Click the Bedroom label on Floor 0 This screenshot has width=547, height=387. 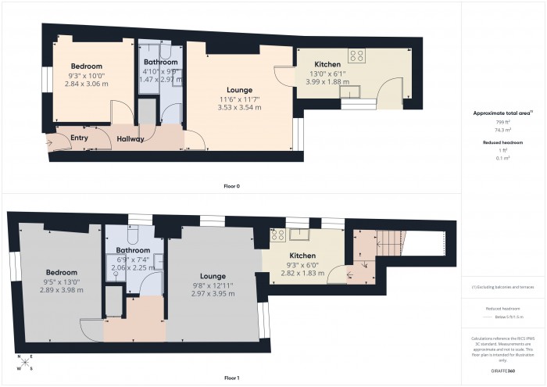pos(82,66)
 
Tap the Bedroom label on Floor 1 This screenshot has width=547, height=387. pos(60,272)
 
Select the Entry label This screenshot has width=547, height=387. pos(80,138)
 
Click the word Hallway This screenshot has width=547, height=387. pos(130,139)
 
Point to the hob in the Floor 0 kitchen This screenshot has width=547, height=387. pos(357,55)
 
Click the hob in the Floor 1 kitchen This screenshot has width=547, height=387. pos(277,235)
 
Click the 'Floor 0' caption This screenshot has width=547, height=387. pos(231,187)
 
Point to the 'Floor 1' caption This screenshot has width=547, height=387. pos(231,378)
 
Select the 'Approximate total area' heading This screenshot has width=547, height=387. pos(503,113)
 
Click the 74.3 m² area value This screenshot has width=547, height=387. pos(502,130)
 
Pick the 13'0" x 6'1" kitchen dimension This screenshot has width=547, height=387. pos(325,73)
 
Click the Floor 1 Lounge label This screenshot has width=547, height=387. pos(212,276)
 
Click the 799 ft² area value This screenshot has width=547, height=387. pos(502,123)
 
